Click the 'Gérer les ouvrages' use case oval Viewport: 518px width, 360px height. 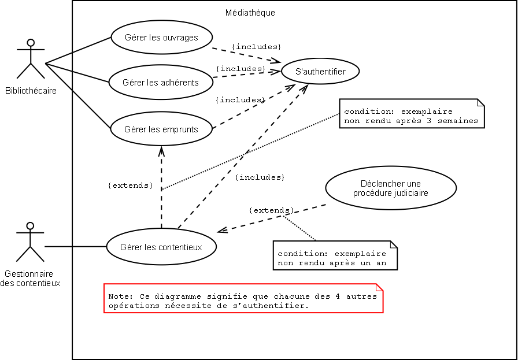tap(161, 38)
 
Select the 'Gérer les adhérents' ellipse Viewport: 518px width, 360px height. tap(161, 82)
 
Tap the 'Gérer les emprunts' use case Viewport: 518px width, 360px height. tap(161, 129)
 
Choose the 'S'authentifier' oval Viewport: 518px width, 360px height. tap(320, 72)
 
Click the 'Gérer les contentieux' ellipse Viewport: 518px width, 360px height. tap(161, 247)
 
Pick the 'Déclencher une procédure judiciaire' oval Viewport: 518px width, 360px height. tap(391, 188)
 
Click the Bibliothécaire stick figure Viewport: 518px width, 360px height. tap(31, 59)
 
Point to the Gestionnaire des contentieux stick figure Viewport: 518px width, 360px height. tap(31, 242)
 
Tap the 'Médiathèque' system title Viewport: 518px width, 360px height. tap(250, 13)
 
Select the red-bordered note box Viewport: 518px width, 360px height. tap(243, 298)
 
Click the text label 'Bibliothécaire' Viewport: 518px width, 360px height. tap(31, 90)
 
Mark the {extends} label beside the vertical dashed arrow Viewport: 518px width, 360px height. tap(131, 185)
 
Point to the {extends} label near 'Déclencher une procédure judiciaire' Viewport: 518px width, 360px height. tap(271, 210)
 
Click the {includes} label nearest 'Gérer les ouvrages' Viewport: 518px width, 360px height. tap(256, 46)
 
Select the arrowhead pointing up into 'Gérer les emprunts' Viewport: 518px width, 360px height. tap(161, 150)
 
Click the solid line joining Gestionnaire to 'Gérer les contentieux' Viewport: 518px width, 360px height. tap(75, 247)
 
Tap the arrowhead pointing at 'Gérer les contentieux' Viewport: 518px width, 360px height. tap(221, 231)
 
